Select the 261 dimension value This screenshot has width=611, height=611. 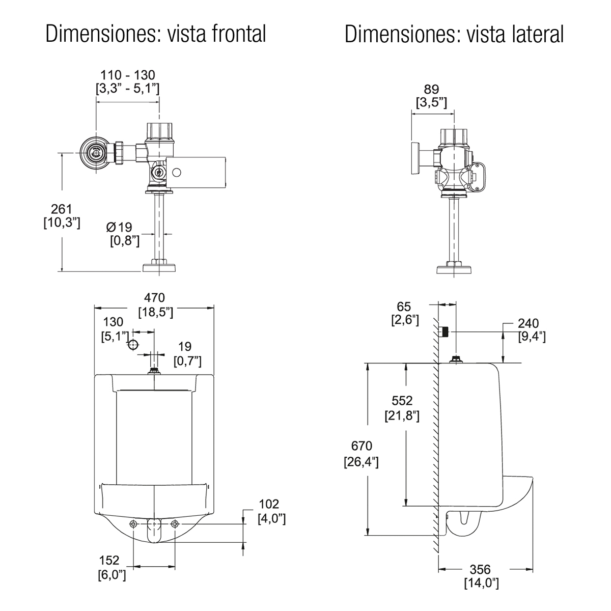[62, 209]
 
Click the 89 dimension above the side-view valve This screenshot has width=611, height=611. [431, 90]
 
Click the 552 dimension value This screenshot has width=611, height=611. [402, 401]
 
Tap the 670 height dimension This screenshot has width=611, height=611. [362, 446]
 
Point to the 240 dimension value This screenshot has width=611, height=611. [528, 324]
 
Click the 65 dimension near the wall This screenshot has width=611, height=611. [403, 307]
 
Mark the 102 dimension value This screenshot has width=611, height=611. [269, 505]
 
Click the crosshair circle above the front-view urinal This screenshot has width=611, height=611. [133, 345]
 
